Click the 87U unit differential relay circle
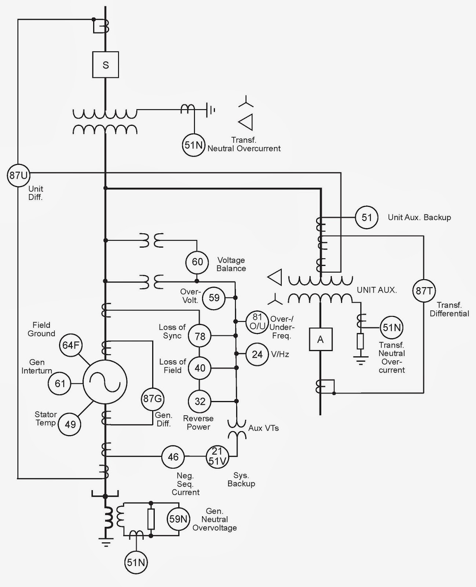[18, 175]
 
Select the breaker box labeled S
[106, 65]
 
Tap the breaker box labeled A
[321, 340]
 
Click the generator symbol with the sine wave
[105, 382]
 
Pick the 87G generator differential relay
[153, 398]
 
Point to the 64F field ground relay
[71, 345]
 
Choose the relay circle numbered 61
[59, 384]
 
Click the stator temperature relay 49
[70, 424]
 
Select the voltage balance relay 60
[197, 262]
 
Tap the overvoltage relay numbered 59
[214, 298]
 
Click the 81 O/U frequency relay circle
[257, 322]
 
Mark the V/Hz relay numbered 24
[257, 354]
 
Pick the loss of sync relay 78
[199, 336]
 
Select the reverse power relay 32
[199, 401]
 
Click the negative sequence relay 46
[173, 457]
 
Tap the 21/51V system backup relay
[217, 457]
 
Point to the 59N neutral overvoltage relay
[179, 519]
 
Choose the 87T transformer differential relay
[424, 291]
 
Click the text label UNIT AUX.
[377, 290]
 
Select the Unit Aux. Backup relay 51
[367, 217]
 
